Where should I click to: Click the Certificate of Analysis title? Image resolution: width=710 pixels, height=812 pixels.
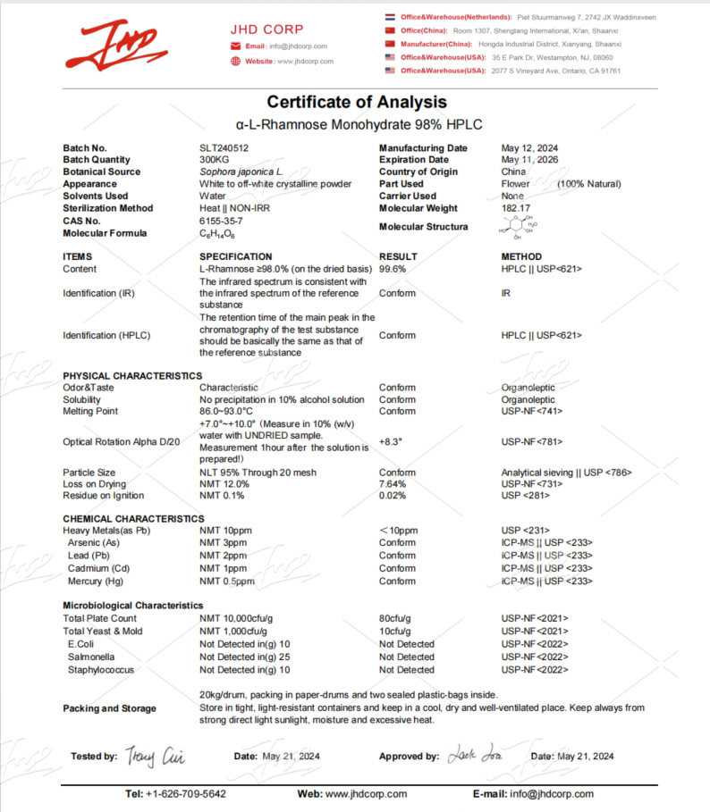point(356,102)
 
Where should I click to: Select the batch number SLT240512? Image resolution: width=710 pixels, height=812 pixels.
point(224,148)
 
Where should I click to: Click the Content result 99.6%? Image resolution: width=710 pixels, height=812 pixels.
point(393,269)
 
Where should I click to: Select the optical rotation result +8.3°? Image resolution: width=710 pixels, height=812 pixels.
point(391,441)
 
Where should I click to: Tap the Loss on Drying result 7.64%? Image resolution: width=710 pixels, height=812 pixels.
point(393,483)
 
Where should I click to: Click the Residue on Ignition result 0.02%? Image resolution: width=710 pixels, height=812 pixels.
point(393,496)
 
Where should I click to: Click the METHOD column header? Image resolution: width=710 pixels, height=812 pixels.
point(521,256)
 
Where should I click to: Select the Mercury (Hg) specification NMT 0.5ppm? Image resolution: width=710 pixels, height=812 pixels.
point(226,582)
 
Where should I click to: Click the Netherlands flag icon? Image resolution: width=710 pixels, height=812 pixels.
point(390,17)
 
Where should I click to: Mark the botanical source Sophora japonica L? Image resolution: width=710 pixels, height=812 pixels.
point(241,172)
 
